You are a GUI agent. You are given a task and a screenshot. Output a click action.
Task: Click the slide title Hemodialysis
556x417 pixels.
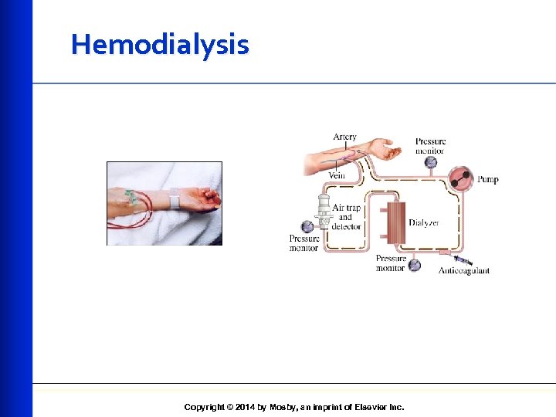coord(160,45)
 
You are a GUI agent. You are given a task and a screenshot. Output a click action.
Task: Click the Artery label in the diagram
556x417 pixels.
coord(345,137)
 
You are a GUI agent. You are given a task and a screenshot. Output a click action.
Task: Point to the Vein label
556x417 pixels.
coord(337,175)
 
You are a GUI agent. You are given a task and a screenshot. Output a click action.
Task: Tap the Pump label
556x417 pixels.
coord(487,179)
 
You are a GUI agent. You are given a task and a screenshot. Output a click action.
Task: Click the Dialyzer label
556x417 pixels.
coord(424,222)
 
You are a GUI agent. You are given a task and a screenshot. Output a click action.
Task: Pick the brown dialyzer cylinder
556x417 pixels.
coord(396,223)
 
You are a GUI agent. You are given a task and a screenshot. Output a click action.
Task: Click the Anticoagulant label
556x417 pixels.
coord(463,270)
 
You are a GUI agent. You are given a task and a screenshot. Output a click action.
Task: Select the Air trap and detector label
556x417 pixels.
coord(346,217)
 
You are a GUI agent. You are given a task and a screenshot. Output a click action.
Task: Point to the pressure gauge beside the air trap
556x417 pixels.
coord(307,226)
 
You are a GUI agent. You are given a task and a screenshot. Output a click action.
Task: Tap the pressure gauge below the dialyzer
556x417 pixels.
coord(415,265)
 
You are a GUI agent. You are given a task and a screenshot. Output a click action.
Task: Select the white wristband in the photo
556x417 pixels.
coord(174,201)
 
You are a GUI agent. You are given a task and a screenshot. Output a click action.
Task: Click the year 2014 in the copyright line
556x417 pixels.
coord(242,407)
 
